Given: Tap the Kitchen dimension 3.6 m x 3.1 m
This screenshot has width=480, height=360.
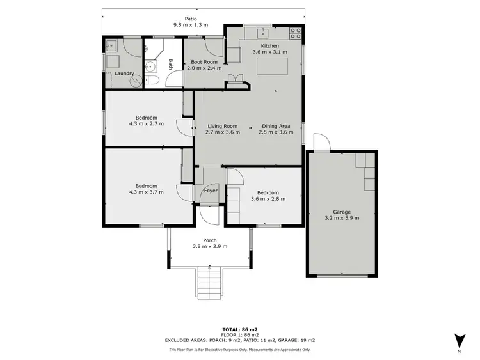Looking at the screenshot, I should click(269, 51).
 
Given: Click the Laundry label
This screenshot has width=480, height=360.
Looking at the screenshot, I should click(124, 74).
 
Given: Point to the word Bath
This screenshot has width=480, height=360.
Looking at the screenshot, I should click(170, 64).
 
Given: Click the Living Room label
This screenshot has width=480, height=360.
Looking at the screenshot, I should click(223, 126).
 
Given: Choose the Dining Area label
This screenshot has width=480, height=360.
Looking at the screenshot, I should click(276, 126).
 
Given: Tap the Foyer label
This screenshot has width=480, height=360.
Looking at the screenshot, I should click(211, 191).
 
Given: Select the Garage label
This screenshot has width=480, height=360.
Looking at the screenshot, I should click(342, 212).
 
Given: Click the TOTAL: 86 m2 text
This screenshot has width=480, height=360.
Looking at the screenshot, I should click(240, 328).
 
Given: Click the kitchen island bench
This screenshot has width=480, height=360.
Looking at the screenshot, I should click(269, 67).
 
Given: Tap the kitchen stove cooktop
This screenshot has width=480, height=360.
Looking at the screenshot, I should click(295, 31).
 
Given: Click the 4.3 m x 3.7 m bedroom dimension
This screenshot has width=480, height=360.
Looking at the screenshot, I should click(147, 192).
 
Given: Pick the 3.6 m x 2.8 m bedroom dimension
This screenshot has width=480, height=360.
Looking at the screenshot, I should click(268, 198).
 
